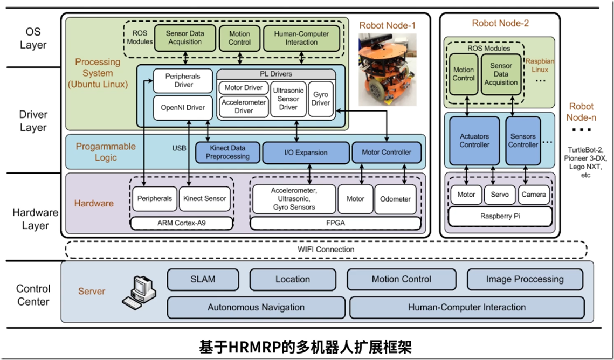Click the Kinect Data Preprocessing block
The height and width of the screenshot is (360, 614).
click(228, 153)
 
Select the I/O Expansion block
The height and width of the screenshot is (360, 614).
click(306, 153)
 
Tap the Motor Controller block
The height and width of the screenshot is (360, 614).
click(386, 153)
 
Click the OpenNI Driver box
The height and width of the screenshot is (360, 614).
click(183, 108)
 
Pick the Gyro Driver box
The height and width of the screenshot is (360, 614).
click(321, 99)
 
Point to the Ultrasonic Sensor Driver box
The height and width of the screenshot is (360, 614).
click(288, 99)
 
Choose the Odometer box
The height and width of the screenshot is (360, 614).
click(396, 199)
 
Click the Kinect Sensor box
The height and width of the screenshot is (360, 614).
click(205, 198)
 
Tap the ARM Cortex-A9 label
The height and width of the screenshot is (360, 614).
click(182, 222)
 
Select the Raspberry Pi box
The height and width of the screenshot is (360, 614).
click(500, 216)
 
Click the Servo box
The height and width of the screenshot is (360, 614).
click(500, 195)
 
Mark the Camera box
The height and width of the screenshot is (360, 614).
click(534, 195)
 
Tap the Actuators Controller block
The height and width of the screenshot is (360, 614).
click(474, 141)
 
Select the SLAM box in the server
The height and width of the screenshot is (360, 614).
click(203, 279)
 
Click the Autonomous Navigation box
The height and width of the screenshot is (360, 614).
click(256, 308)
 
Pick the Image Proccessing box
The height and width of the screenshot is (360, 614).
click(525, 279)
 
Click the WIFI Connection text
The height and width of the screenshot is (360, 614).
click(326, 250)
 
